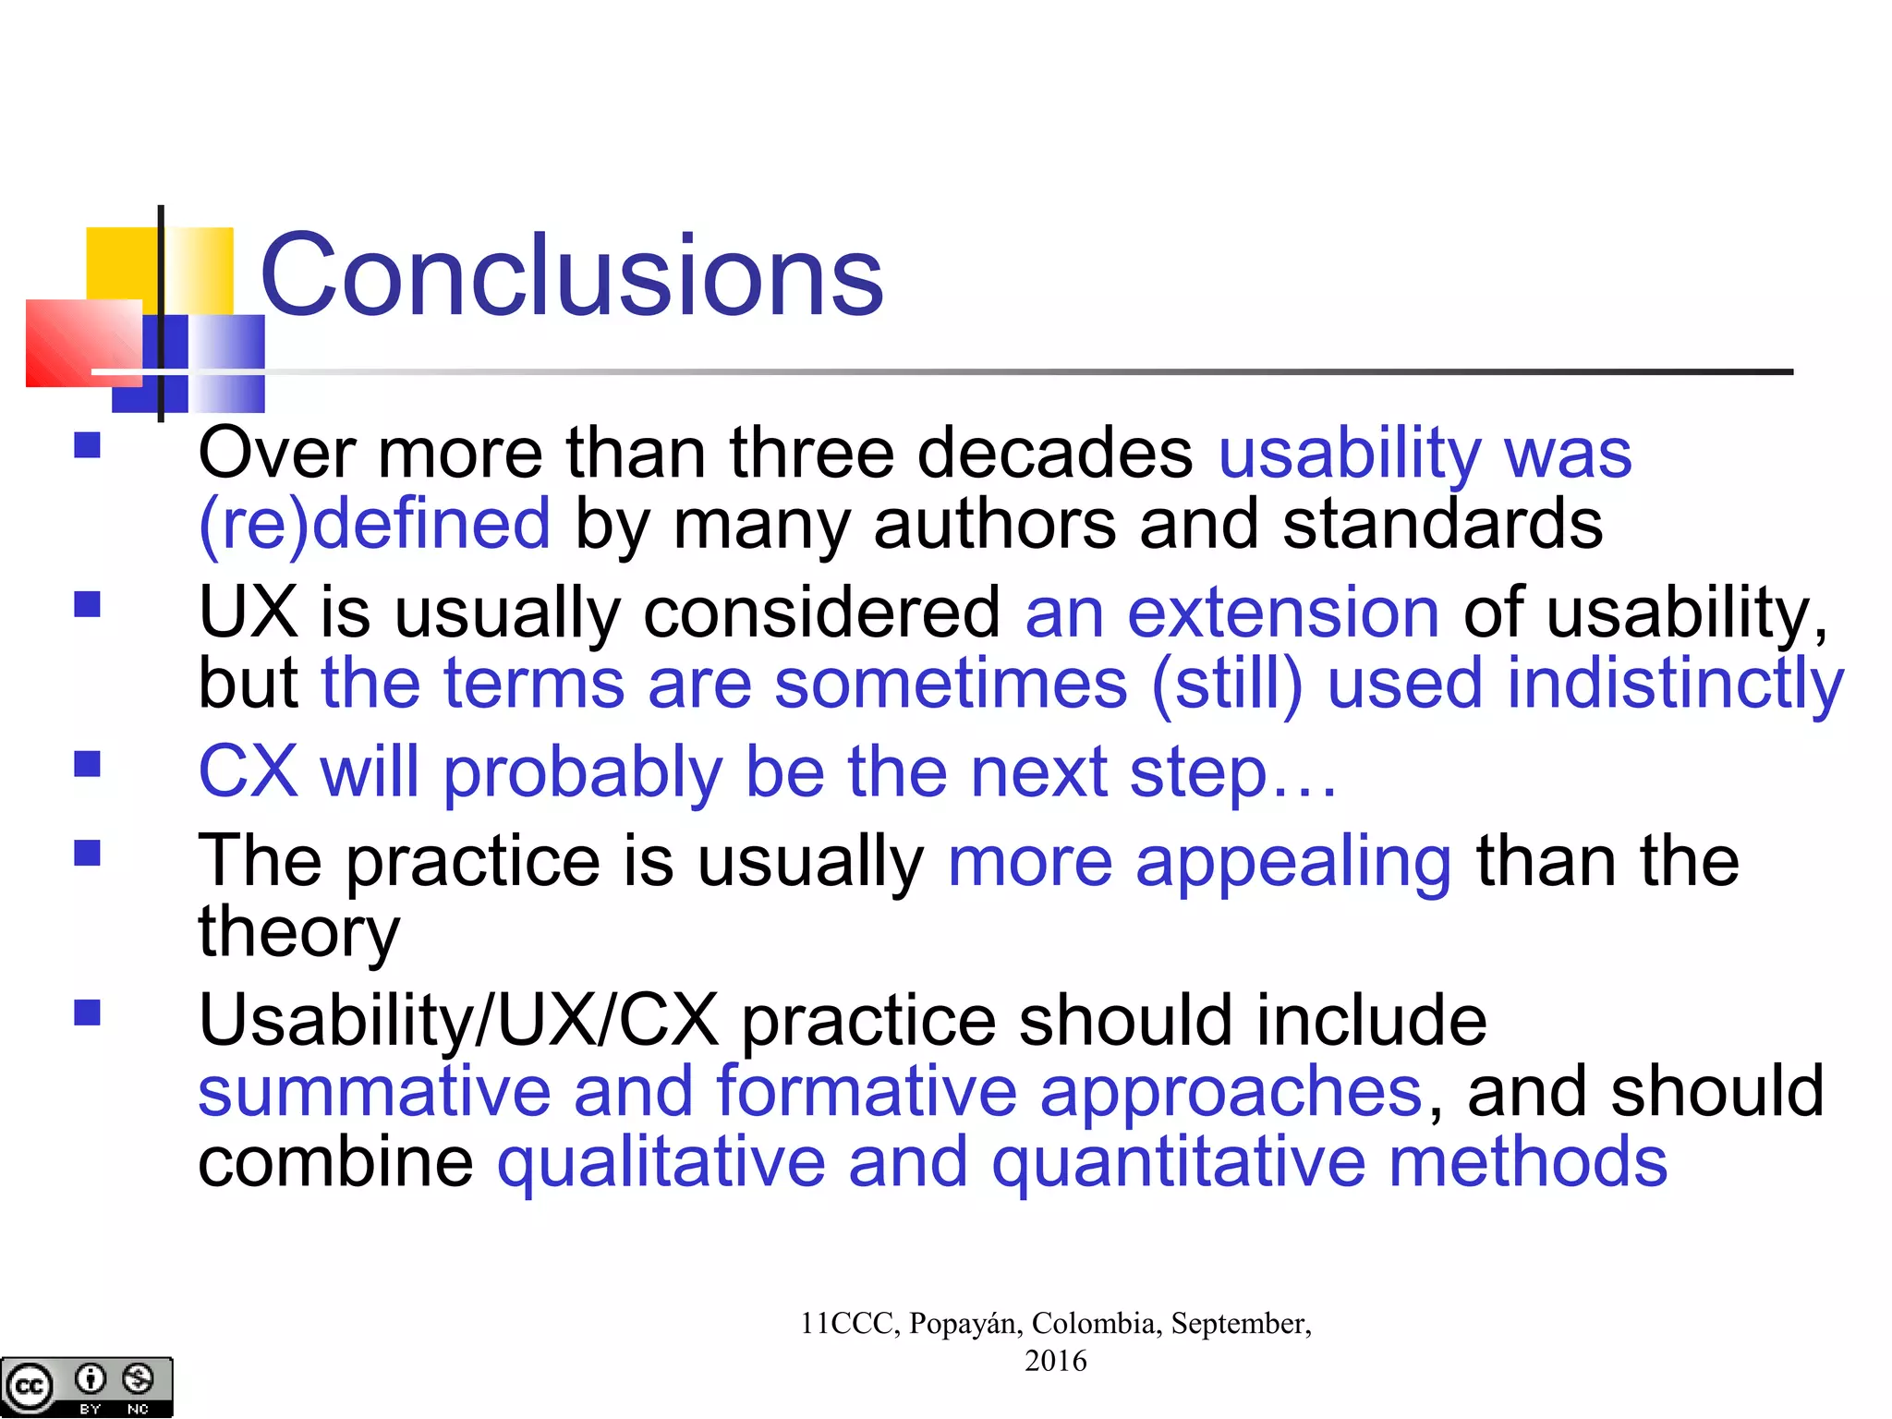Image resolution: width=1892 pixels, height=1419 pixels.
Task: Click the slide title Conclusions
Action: (x=572, y=275)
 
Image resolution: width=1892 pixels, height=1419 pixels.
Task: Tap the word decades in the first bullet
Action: (x=1055, y=454)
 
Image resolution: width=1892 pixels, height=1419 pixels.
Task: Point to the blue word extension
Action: (x=1283, y=612)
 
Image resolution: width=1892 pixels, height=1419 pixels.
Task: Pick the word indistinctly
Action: (x=1675, y=685)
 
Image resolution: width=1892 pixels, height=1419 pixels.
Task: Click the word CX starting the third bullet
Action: (x=248, y=771)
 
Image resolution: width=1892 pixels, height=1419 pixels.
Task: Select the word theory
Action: (x=299, y=932)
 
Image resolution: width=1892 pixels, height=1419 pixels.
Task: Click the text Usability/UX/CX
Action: (x=458, y=1021)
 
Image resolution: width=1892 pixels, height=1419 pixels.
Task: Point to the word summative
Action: (x=374, y=1092)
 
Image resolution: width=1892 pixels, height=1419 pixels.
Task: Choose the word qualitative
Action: (x=661, y=1162)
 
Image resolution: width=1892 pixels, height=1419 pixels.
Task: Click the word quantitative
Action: (x=1178, y=1162)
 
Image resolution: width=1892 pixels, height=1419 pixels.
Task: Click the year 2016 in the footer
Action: (x=1055, y=1361)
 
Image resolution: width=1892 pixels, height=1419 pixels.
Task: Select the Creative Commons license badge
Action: (x=86, y=1387)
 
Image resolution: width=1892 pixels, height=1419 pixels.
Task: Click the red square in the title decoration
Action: (x=83, y=343)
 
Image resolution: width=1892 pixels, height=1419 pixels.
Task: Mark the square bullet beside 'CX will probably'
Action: (x=87, y=765)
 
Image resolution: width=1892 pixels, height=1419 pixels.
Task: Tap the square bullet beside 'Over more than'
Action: (x=87, y=446)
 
